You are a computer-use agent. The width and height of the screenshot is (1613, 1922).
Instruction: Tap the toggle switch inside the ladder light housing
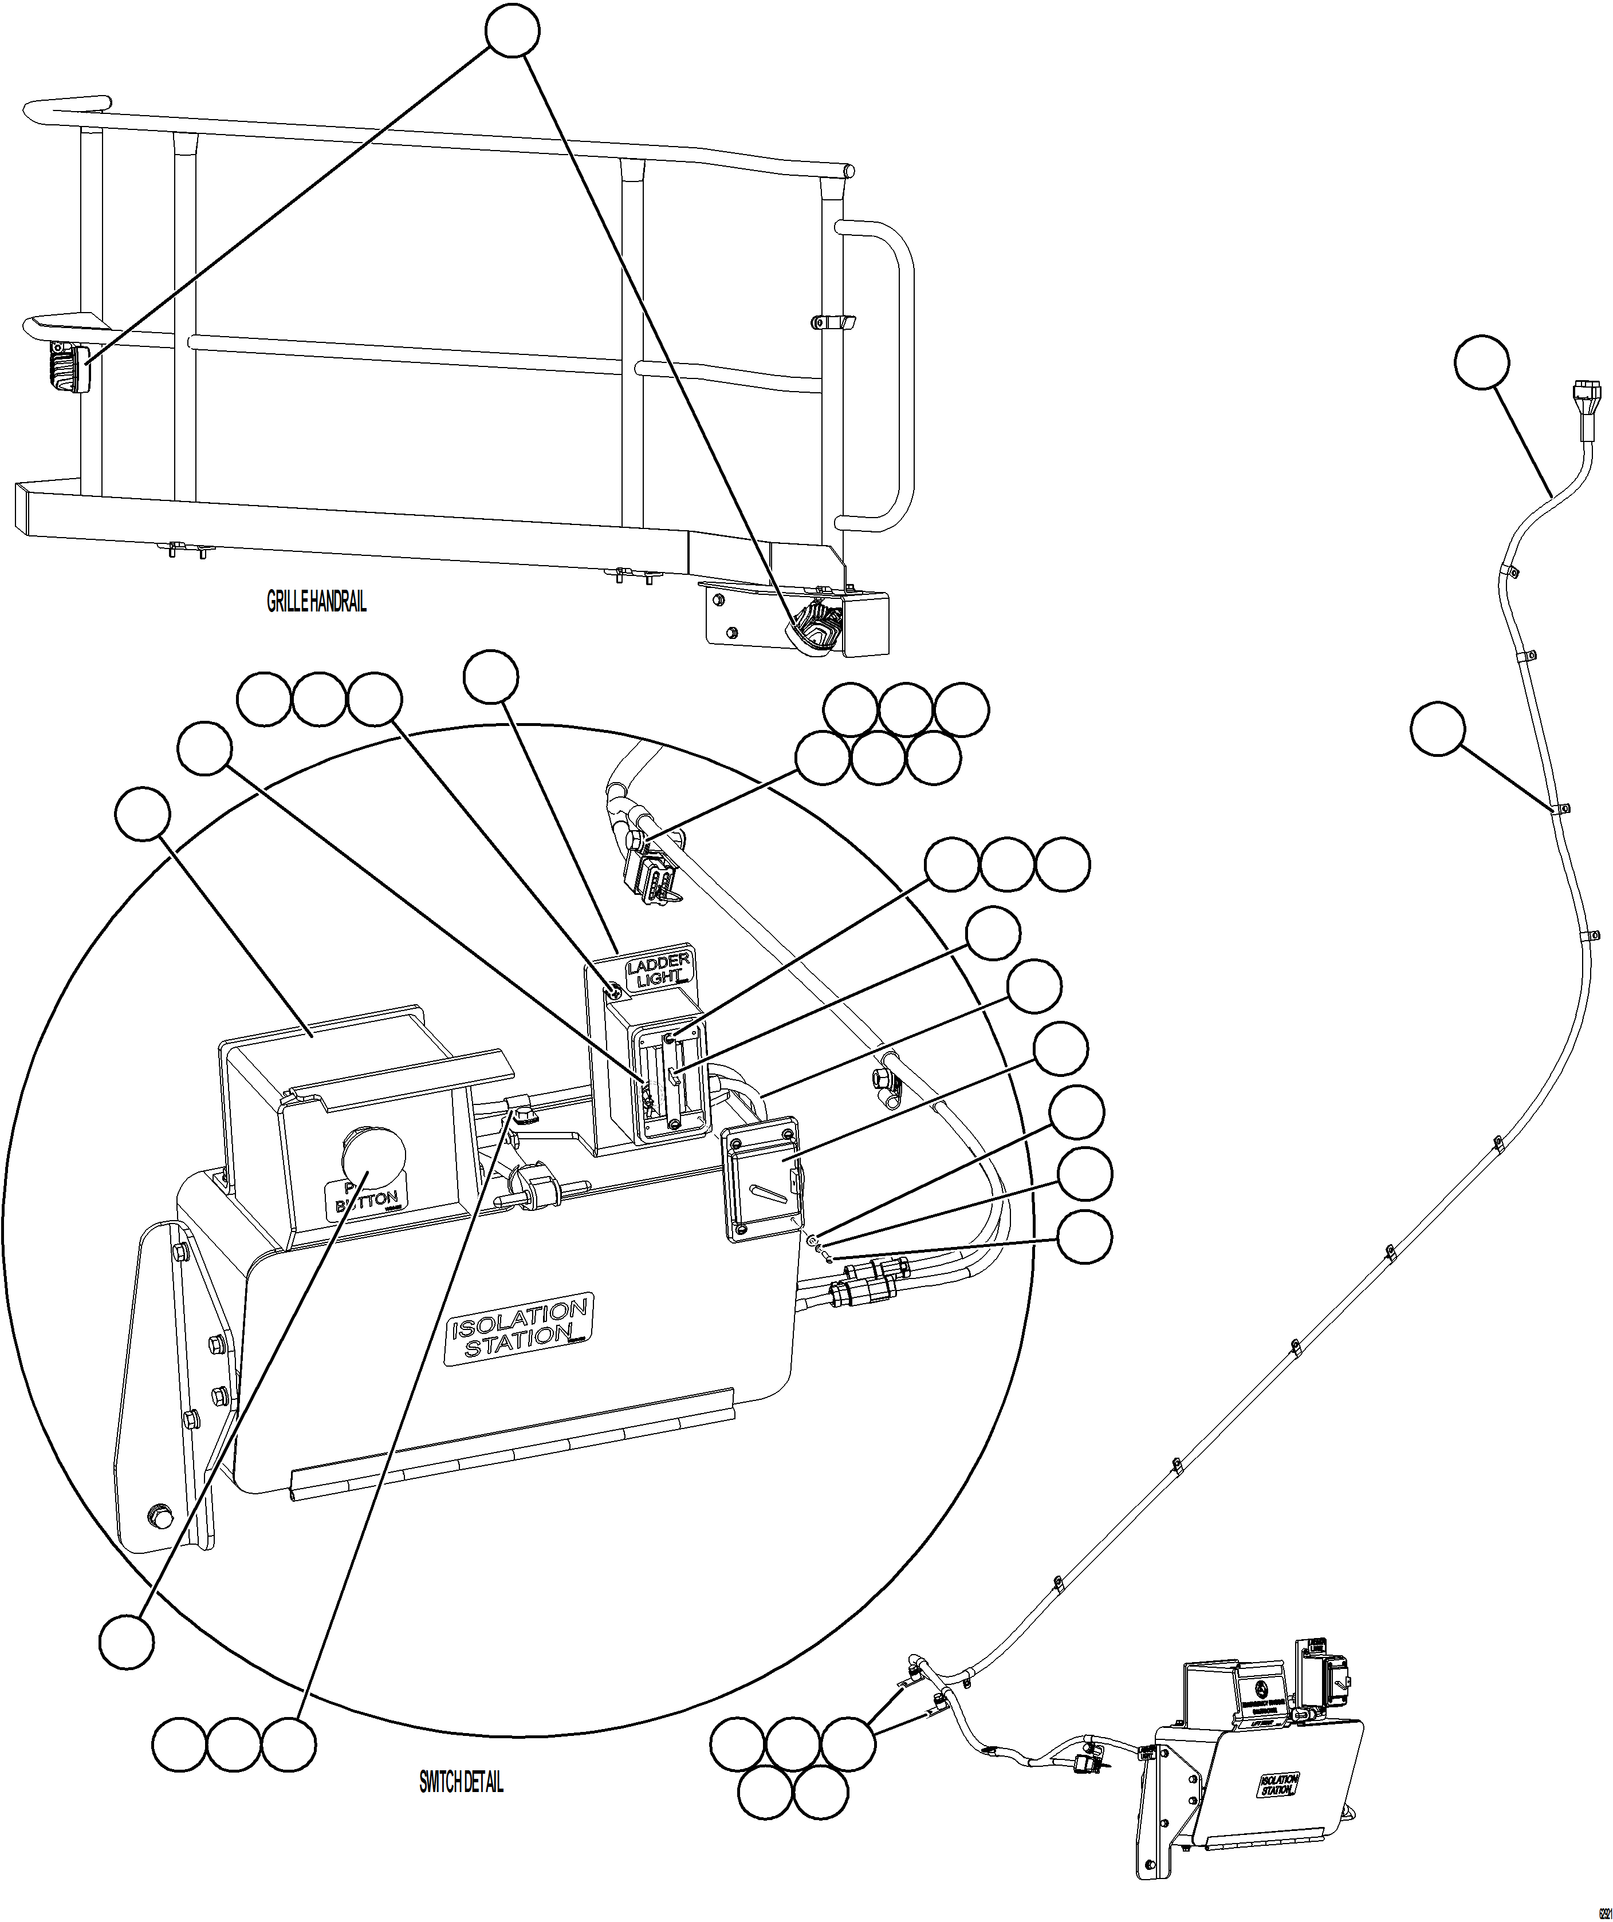673,1078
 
